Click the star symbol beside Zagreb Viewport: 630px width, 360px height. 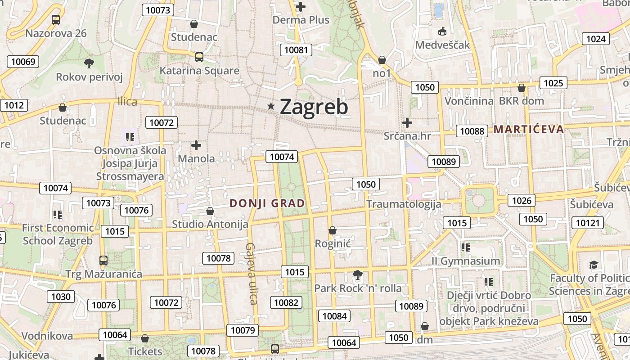coord(271,106)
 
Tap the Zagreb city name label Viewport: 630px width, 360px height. coord(314,107)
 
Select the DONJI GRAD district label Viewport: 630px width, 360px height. coord(267,203)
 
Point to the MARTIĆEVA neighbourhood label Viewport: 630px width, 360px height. coord(529,130)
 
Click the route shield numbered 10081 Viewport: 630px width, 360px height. coord(296,49)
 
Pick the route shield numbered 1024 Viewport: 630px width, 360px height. coord(596,39)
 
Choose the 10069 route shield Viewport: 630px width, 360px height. coord(22,62)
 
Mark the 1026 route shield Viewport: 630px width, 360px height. coord(522,200)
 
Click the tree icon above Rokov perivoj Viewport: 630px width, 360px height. coord(89,63)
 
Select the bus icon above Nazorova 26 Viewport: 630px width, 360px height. coord(56,20)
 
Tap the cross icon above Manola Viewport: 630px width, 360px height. coord(196,145)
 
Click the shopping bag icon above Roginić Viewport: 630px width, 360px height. coord(333,230)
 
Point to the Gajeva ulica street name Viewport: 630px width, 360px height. coord(252,274)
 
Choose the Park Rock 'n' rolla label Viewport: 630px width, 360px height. coord(358,288)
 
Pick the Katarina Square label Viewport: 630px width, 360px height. coord(199,71)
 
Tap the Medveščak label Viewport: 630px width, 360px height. coord(442,45)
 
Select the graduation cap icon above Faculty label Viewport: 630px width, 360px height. coord(594,265)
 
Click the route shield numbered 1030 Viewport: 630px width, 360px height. coord(61,297)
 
